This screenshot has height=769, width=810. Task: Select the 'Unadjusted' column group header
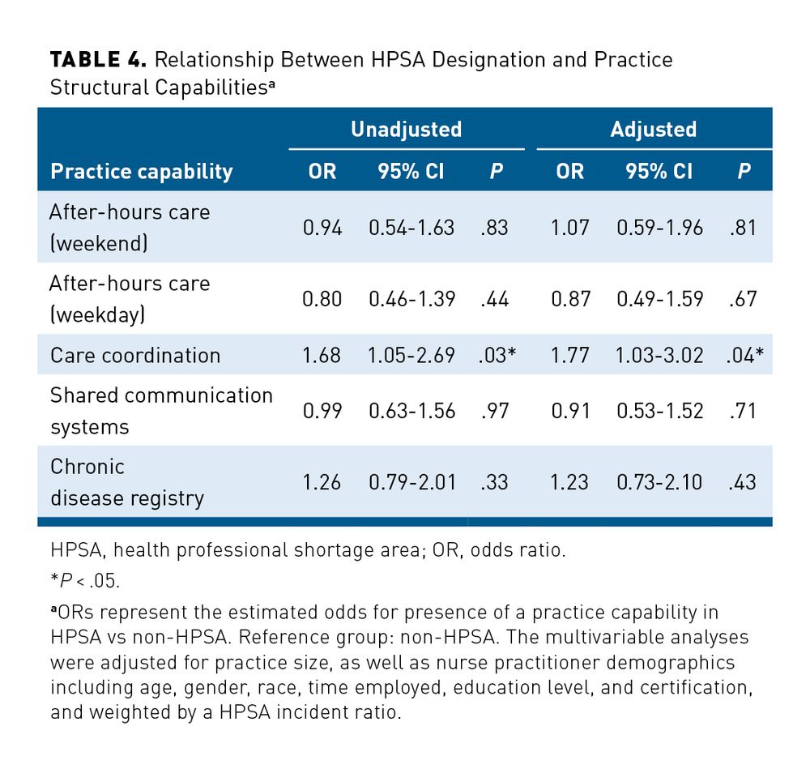pos(406,129)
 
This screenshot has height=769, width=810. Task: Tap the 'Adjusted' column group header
pos(654,129)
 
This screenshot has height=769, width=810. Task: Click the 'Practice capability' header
pos(141,172)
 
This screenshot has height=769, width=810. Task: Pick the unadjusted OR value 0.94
pos(322,228)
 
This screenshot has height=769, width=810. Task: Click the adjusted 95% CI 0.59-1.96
pos(659,228)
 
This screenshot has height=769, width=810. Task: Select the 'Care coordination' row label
pos(134,355)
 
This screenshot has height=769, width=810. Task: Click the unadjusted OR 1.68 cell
pos(322,355)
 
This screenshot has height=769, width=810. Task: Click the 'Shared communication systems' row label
pos(161,411)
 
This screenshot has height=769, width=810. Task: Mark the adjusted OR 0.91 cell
pos(570,411)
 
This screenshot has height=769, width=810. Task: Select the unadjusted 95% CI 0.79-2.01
pos(411,482)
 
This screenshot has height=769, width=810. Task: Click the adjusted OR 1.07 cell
pos(570,228)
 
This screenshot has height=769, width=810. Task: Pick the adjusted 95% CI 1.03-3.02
pos(659,355)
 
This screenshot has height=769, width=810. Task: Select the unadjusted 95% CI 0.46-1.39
pos(411,299)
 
